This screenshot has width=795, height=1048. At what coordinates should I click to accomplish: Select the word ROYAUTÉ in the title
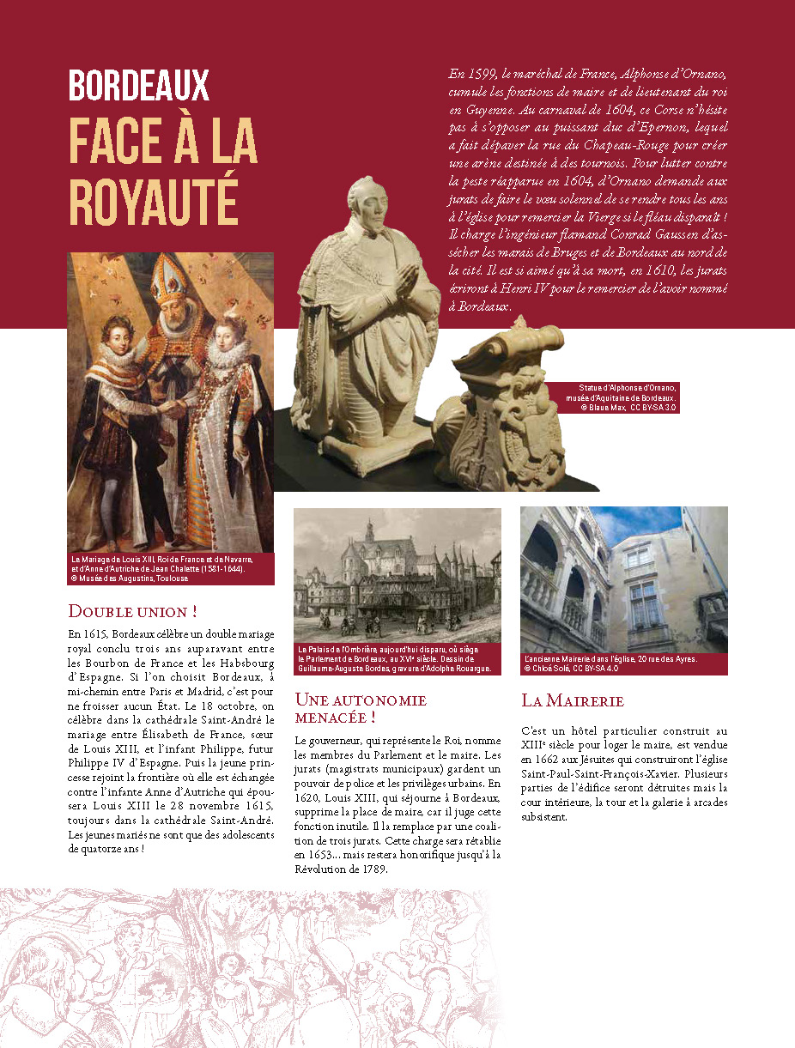(x=153, y=203)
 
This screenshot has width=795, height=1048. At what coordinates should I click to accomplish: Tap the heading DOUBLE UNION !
(x=133, y=612)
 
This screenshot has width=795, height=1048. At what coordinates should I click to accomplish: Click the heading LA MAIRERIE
(x=573, y=701)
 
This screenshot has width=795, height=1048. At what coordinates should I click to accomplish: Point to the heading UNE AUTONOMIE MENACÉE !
(x=361, y=708)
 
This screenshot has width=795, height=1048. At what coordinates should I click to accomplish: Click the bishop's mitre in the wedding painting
(x=172, y=284)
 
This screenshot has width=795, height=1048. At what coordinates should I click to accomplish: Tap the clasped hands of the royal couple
(x=174, y=409)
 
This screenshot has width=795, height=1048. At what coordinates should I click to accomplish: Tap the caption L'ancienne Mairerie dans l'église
(x=610, y=659)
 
